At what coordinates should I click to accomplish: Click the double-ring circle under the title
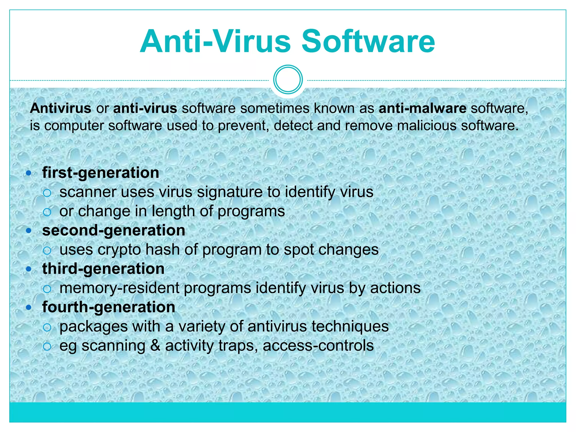pos(288,80)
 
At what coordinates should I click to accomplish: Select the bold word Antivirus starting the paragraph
pos(60,108)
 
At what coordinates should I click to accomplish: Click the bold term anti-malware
pos(422,108)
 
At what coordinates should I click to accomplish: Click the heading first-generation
pos(101,172)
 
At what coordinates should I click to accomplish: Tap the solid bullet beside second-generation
pos(29,231)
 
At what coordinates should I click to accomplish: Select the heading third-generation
pos(103,269)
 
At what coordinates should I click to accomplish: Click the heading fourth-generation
pos(109,307)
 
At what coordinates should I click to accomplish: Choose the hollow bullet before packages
pos(47,327)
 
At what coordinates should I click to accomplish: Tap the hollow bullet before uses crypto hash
pos(47,250)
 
